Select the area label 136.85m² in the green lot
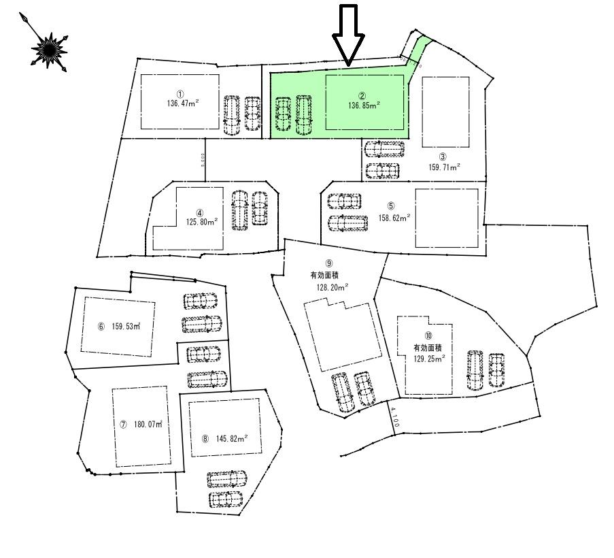point(364,105)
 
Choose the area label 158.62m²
point(394,218)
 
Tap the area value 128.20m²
point(332,287)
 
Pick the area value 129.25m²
point(428,358)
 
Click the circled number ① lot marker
point(180,95)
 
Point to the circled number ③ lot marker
point(443,156)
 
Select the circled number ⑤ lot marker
point(391,206)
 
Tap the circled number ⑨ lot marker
point(328,263)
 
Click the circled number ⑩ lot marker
point(428,335)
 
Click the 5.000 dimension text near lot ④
point(203,159)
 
